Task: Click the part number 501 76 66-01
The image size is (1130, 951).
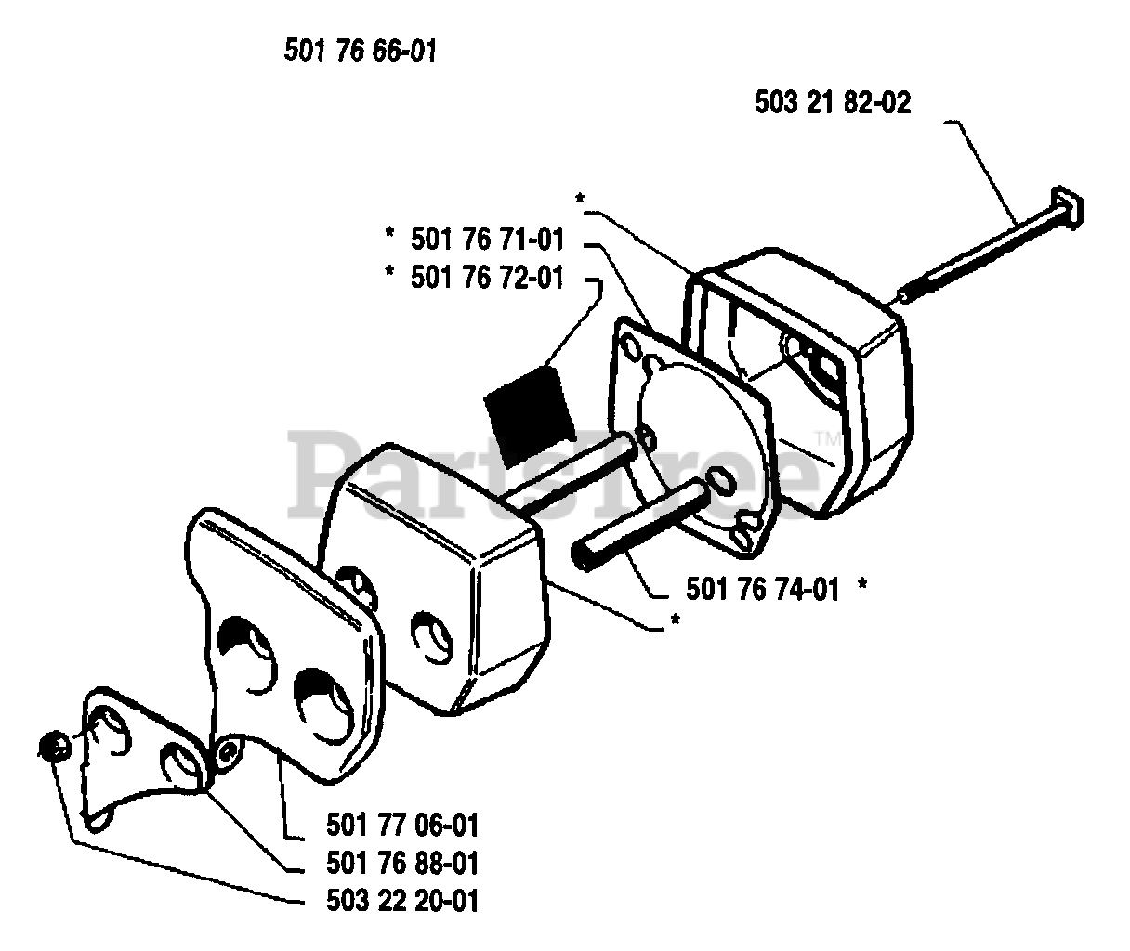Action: [360, 51]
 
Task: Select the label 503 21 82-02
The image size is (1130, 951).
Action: [834, 102]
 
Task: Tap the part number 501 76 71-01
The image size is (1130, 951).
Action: [487, 240]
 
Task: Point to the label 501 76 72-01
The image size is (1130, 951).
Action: [487, 277]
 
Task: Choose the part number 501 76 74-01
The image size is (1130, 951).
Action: [762, 589]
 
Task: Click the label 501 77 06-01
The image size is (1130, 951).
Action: [402, 824]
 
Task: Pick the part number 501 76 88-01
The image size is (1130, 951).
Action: [402, 863]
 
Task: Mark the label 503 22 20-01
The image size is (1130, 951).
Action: [402, 900]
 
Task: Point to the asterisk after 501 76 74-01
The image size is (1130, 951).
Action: [864, 586]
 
